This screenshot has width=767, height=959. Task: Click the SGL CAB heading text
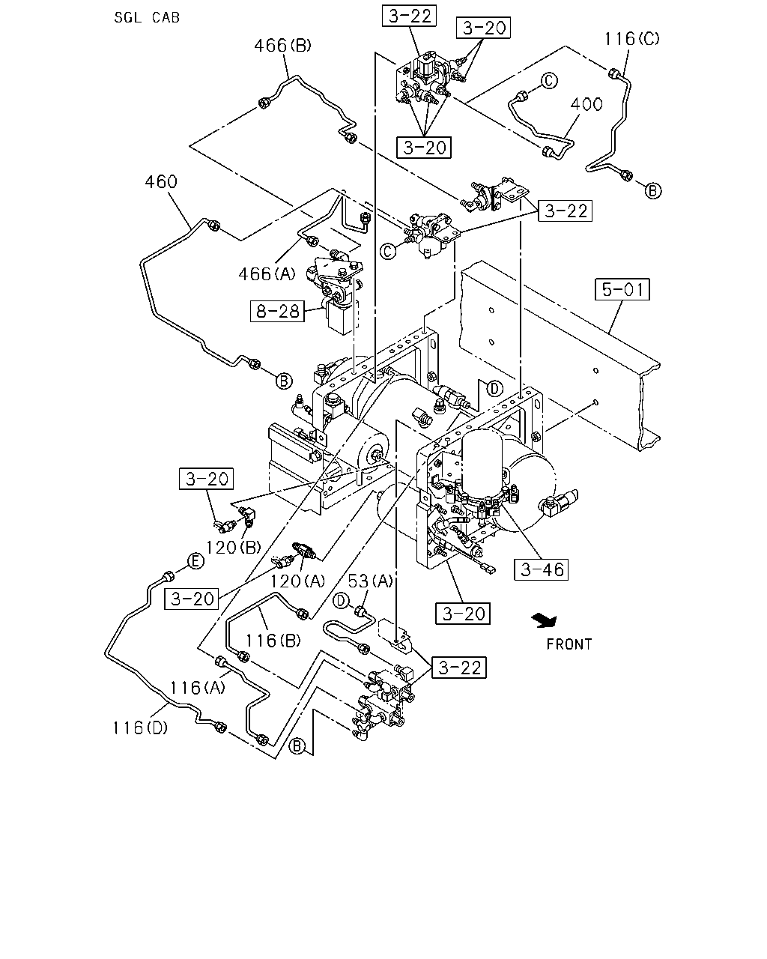(147, 17)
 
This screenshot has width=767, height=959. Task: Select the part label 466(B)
(282, 46)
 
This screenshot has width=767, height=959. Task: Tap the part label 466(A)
(267, 273)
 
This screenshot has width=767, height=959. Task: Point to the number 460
(161, 182)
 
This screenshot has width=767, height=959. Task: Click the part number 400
(586, 104)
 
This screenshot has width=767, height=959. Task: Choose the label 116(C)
(631, 39)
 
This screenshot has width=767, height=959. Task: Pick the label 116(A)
(198, 688)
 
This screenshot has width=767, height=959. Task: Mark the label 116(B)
(273, 641)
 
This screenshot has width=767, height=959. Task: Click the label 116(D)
(140, 727)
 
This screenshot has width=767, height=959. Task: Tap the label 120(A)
(297, 581)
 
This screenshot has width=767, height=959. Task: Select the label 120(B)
(233, 547)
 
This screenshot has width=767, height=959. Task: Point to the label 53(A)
(370, 581)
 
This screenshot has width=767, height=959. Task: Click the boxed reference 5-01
(622, 289)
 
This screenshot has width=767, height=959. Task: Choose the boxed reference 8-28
(277, 311)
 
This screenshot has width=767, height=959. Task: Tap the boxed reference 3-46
(541, 569)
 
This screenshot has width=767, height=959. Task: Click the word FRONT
(569, 644)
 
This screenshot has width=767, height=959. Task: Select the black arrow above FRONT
(544, 620)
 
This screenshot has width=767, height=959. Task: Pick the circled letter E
(195, 561)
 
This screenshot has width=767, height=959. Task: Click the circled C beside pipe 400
(549, 81)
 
